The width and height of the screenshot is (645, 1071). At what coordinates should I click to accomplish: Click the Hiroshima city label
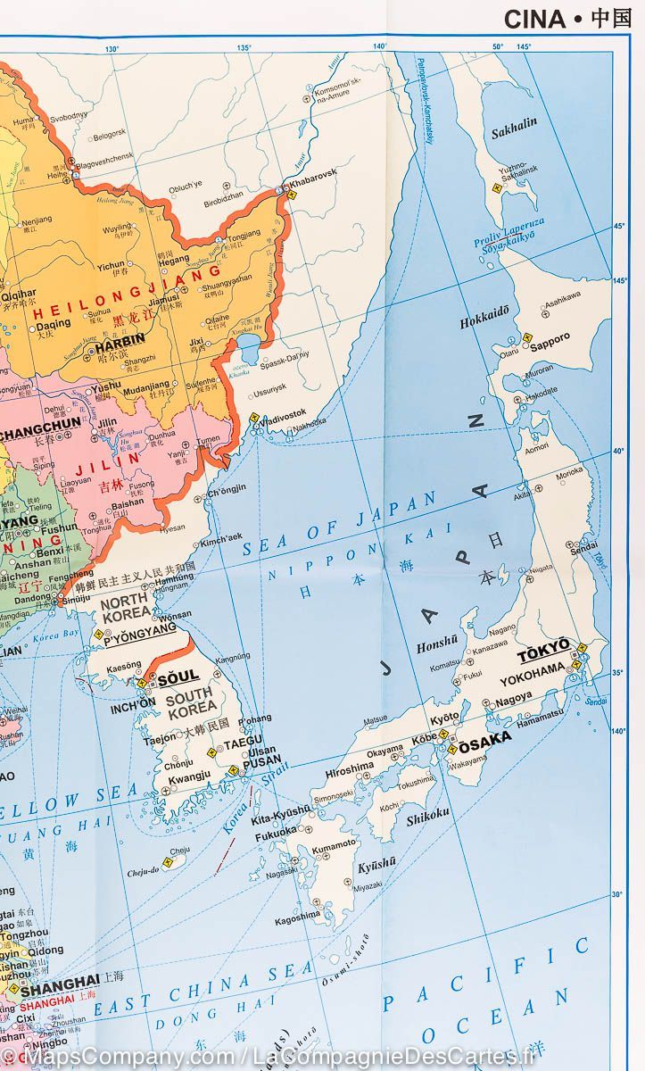349,768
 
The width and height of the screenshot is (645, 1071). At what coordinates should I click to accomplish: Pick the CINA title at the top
534,19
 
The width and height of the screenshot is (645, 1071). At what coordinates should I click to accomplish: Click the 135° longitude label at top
244,47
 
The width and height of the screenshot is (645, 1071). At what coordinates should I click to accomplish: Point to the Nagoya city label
514,698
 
